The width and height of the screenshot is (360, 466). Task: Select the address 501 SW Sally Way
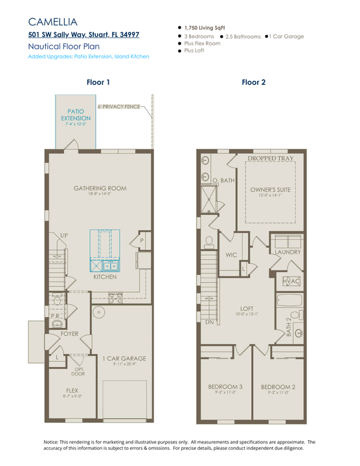83,35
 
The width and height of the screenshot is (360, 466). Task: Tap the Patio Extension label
76,115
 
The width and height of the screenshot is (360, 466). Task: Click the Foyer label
70,334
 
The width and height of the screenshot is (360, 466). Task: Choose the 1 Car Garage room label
124,358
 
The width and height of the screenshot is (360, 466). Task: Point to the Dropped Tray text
270,158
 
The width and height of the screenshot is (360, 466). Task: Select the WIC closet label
231,255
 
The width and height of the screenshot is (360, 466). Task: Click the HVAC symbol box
291,282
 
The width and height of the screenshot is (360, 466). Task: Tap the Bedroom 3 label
225,387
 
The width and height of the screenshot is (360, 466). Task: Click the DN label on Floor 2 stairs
210,322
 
